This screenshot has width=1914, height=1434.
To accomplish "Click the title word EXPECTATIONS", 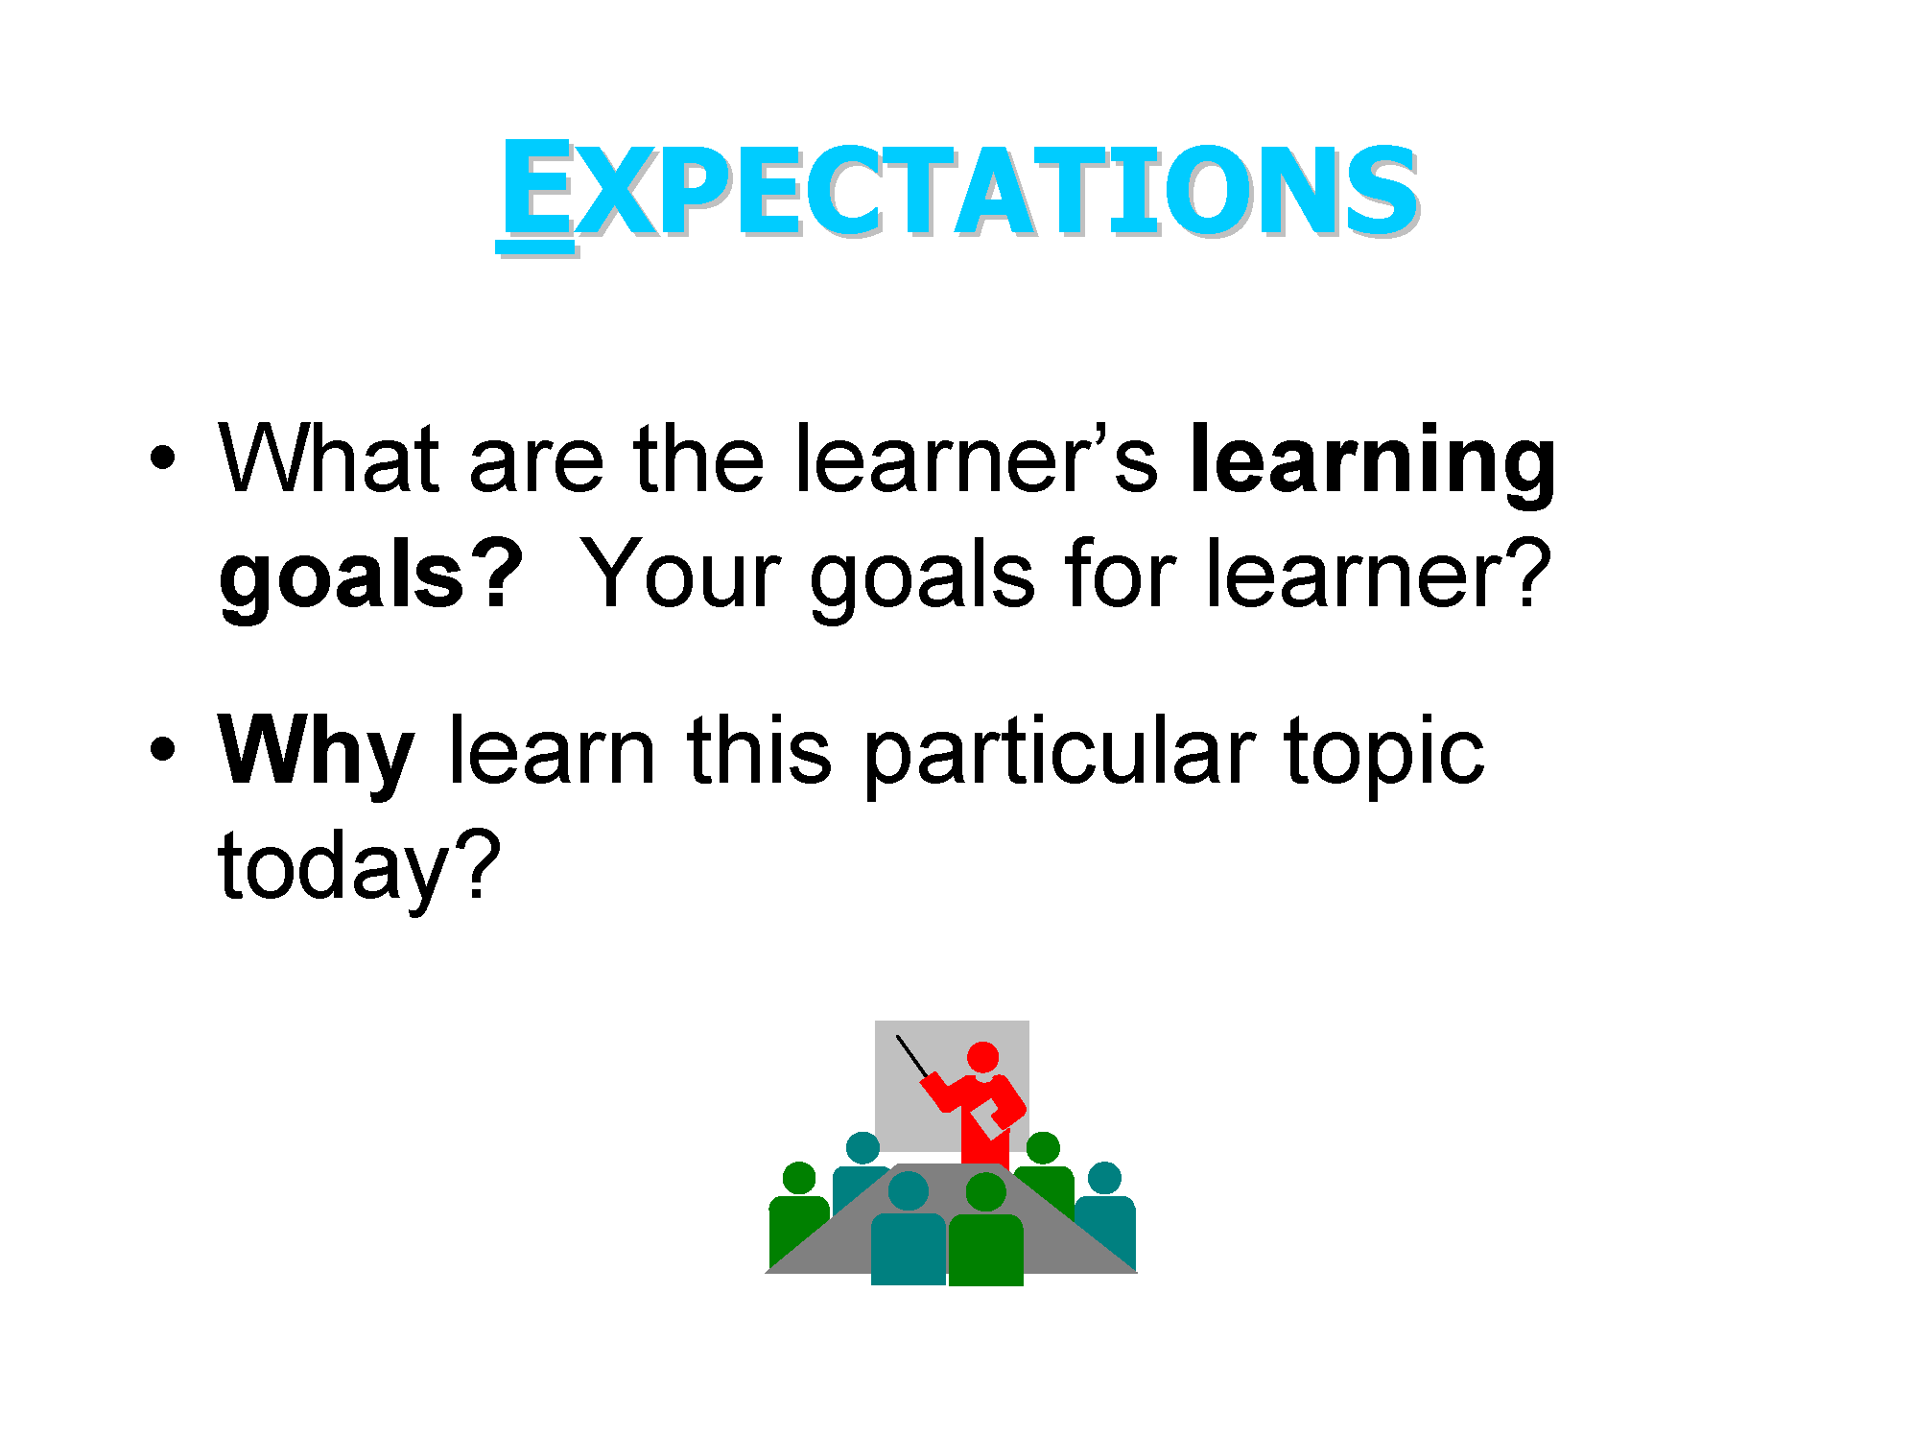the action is pyautogui.click(x=957, y=190).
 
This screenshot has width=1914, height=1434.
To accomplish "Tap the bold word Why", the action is pyautogui.click(x=317, y=755).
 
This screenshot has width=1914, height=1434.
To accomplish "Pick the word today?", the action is pyautogui.click(x=360, y=868).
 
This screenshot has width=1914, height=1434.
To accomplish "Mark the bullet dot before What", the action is pyautogui.click(x=163, y=458).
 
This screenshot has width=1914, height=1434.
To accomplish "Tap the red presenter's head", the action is pyautogui.click(x=982, y=1058).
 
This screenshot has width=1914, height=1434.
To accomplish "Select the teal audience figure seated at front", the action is pyautogui.click(x=908, y=1233).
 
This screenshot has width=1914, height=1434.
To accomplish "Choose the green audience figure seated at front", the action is pyautogui.click(x=985, y=1233).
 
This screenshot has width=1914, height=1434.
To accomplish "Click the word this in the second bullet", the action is pyautogui.click(x=759, y=752).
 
